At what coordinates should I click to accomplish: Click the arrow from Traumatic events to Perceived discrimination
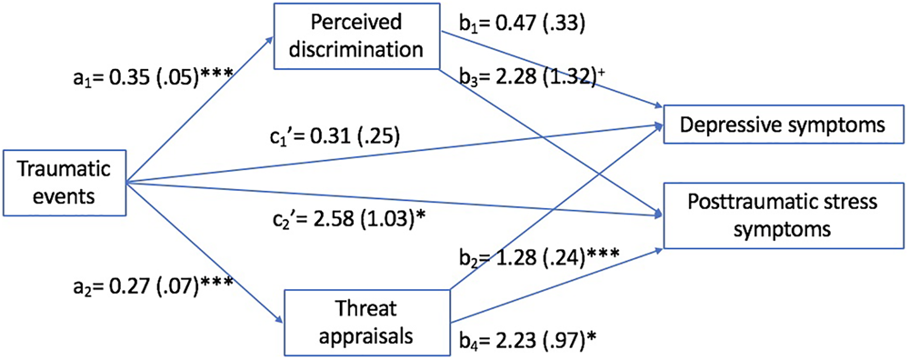[200, 110]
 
